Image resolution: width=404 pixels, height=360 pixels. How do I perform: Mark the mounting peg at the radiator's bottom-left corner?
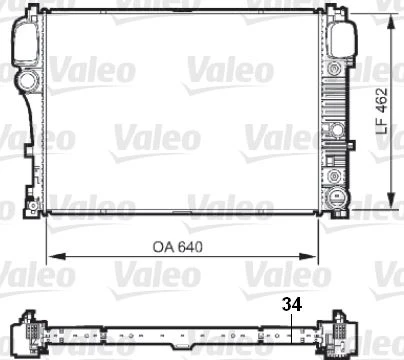(35, 210)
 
